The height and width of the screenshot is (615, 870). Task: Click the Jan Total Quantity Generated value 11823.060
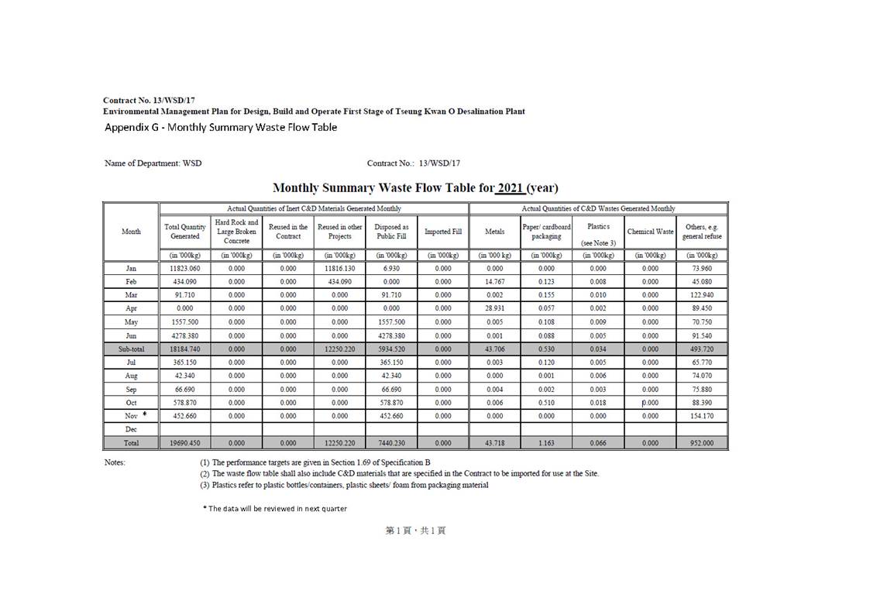pos(184,268)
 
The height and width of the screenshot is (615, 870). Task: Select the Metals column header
pos(494,232)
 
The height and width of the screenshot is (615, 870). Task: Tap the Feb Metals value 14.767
pos(494,282)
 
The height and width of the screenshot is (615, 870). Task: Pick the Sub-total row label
pos(131,349)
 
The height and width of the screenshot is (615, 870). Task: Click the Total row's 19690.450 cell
pos(184,443)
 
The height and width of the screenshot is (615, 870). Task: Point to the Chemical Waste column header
pos(650,232)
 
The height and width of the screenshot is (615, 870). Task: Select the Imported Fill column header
pos(442,232)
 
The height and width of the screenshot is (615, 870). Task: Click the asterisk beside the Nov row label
pos(144,414)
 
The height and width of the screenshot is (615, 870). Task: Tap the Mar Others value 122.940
pos(702,295)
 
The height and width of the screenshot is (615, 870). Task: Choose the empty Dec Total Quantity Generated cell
pos(184,429)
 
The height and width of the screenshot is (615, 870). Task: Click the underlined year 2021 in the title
pos(511,188)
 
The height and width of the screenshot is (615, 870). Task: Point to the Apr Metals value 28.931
pos(494,308)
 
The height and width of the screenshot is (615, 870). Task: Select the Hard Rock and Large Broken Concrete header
pos(236,232)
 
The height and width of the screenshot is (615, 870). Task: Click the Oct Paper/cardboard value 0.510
pos(546,403)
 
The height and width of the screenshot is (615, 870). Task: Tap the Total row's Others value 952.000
pos(702,443)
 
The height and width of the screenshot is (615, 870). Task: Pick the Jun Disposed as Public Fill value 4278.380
pos(391,335)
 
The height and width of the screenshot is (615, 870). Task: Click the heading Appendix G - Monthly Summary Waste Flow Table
pos(221,127)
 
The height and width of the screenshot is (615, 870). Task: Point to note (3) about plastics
pos(344,485)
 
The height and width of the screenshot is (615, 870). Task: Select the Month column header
pos(131,232)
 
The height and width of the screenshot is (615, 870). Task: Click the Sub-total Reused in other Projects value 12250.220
pos(339,349)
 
